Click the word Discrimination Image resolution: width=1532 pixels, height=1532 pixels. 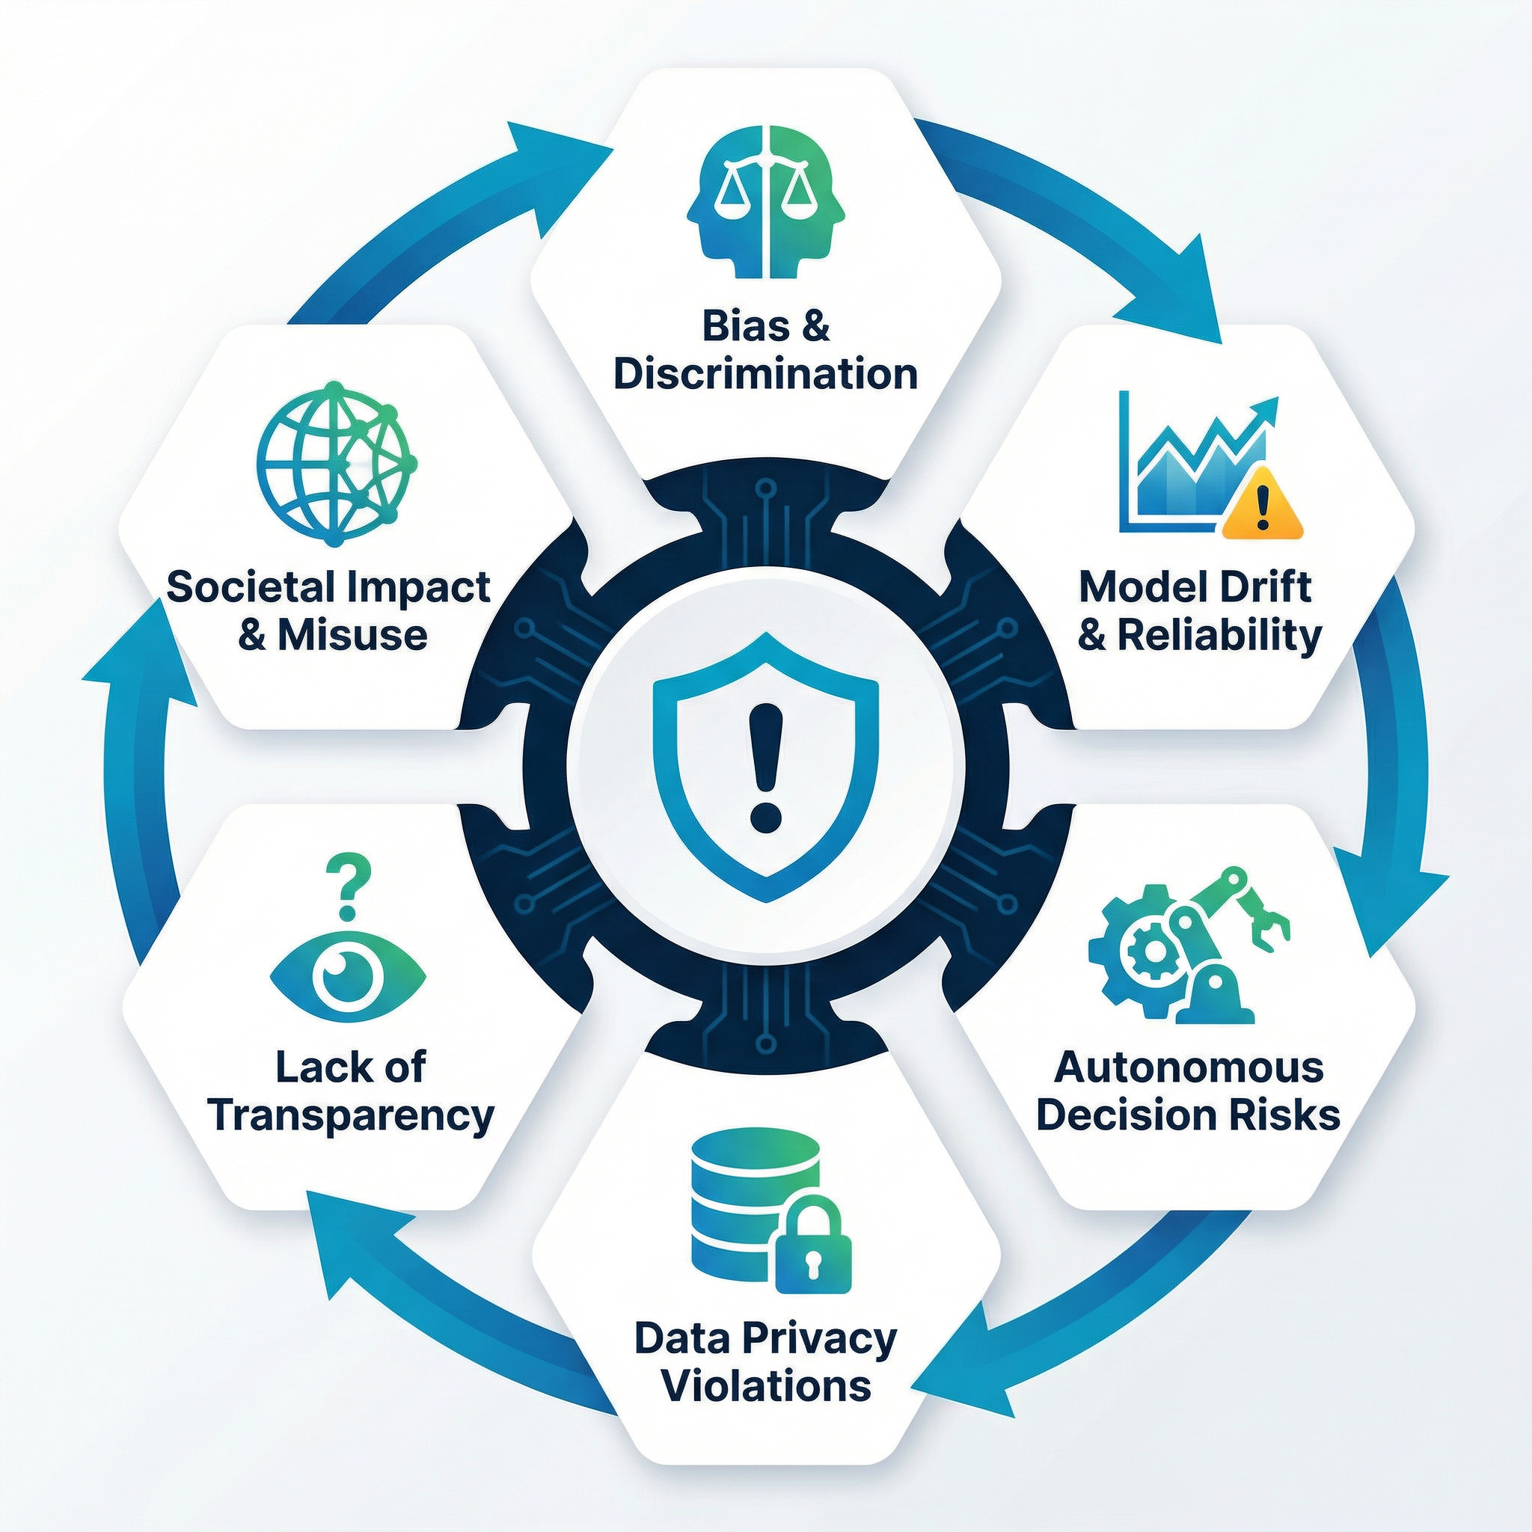[765, 373]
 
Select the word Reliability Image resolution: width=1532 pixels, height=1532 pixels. [1219, 635]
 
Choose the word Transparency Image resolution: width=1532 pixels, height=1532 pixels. [351, 1115]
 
